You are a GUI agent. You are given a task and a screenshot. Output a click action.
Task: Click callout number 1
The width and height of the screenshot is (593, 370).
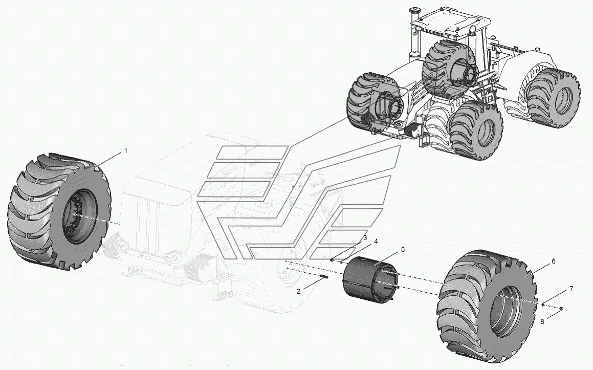(126, 151)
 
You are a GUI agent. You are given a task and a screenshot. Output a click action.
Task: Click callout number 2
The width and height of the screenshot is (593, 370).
(298, 291)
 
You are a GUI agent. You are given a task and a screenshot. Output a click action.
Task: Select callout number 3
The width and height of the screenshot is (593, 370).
(365, 237)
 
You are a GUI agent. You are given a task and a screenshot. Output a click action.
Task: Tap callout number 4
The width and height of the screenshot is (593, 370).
(376, 241)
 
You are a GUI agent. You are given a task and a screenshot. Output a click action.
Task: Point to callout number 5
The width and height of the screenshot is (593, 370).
(403, 249)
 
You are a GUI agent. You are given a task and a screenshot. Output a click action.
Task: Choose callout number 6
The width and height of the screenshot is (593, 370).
(553, 262)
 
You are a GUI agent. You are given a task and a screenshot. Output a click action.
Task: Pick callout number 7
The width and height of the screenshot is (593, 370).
(571, 289)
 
